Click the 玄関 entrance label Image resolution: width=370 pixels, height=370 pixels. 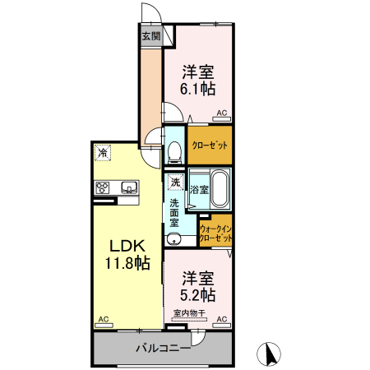click(150, 36)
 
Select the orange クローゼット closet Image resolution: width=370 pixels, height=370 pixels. click(210, 145)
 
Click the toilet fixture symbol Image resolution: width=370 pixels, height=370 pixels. click(173, 151)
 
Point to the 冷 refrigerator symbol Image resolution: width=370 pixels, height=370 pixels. click(102, 153)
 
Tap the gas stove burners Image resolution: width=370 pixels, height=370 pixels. click(103, 187)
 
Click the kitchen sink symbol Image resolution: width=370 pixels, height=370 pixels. click(129, 188)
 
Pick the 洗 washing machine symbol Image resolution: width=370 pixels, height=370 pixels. click(174, 183)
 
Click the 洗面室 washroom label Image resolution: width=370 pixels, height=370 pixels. click(174, 211)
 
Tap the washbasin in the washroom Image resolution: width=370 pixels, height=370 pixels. click(173, 239)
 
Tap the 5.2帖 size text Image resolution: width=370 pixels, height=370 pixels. click(198, 294)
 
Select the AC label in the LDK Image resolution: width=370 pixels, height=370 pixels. click(103, 318)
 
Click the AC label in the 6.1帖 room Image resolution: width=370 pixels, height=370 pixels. click(220, 114)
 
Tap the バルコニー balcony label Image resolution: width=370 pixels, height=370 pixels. click(163, 348)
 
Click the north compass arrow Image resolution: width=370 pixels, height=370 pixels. click(267, 354)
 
